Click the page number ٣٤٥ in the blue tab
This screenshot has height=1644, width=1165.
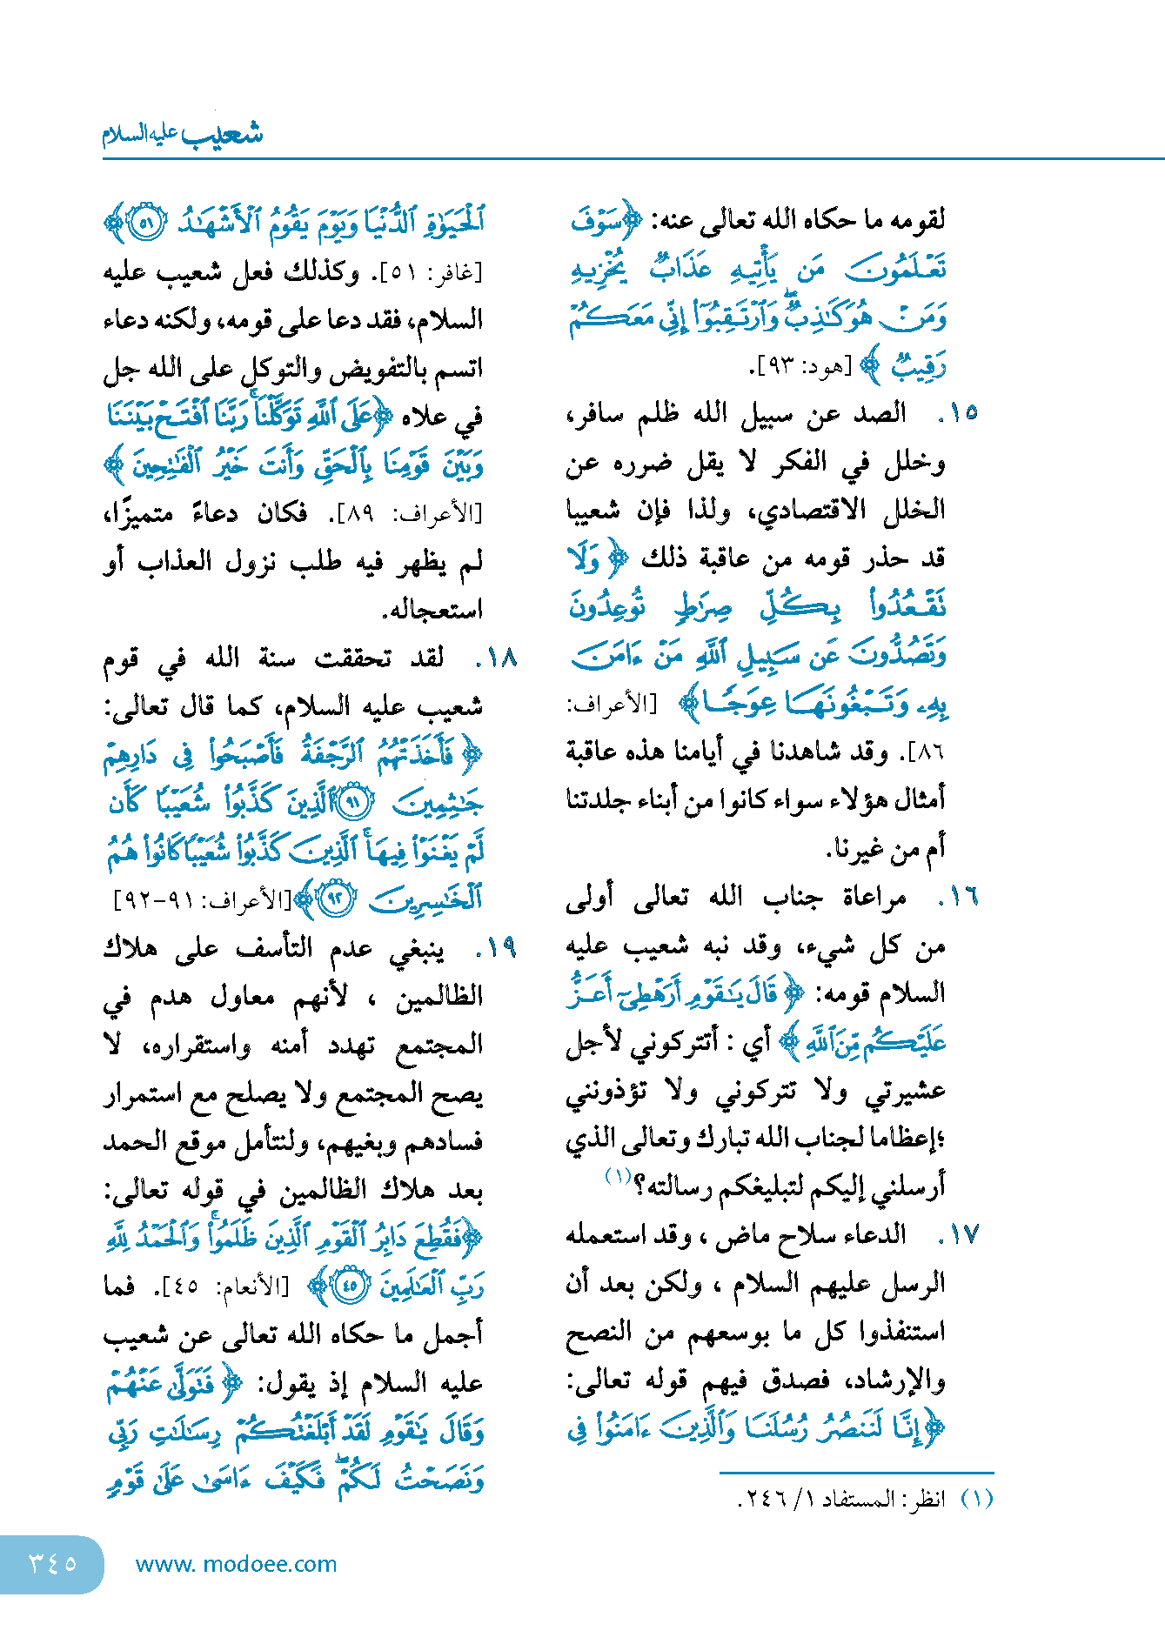tap(52, 1563)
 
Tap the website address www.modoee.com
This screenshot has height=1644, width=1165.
tap(236, 1564)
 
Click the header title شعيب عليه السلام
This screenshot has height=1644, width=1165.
tap(182, 134)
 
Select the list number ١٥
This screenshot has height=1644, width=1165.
tap(961, 413)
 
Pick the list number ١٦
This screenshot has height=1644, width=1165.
tap(961, 897)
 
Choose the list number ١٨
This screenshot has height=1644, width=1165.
tap(499, 658)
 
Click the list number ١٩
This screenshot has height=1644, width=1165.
tap(499, 946)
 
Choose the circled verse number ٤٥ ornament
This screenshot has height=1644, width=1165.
tap(350, 1286)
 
